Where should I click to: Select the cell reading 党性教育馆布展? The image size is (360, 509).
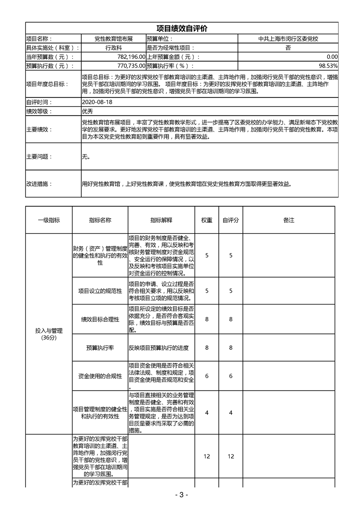tap(113, 39)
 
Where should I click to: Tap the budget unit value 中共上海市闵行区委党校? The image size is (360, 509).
tap(288, 39)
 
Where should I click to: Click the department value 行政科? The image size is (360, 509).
tap(113, 48)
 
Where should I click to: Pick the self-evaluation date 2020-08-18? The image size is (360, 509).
tap(98, 102)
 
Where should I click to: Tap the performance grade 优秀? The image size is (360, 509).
tap(87, 111)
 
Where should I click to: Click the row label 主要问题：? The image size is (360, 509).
tap(39, 157)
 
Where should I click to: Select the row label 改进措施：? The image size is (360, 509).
tap(39, 184)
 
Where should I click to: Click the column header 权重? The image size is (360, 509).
tap(207, 220)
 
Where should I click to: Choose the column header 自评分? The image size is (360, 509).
tap(231, 220)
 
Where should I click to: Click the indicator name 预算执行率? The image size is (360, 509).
tap(100, 348)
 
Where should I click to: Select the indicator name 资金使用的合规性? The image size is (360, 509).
tap(100, 376)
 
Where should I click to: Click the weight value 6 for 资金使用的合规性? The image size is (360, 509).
tap(207, 376)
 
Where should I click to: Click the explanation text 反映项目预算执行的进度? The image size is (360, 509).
tap(158, 348)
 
